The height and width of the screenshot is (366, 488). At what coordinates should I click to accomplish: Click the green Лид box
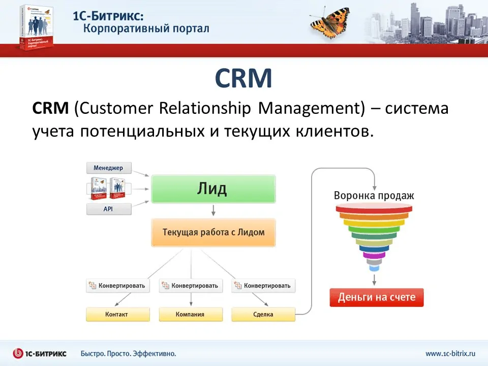(213, 189)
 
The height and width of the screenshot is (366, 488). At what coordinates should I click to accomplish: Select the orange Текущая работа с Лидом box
(213, 232)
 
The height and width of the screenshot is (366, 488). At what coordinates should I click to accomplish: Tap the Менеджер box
(108, 168)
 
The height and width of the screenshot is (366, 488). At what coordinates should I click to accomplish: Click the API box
(108, 209)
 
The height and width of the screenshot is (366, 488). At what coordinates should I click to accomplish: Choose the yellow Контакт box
(118, 314)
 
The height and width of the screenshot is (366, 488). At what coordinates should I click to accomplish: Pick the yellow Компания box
(191, 314)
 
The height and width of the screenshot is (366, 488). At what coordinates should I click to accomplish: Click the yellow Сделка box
(263, 314)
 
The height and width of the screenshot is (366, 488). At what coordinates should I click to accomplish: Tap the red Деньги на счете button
(376, 297)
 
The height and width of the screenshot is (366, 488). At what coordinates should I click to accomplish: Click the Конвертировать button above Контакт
(118, 286)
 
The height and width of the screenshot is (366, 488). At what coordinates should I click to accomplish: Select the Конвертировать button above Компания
(191, 286)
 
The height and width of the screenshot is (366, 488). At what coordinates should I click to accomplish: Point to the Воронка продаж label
(374, 195)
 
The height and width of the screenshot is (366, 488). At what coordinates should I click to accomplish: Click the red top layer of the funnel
(375, 208)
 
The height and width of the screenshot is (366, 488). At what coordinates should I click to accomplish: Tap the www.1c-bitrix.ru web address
(450, 353)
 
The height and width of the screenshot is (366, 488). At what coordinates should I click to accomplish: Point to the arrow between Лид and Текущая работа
(213, 210)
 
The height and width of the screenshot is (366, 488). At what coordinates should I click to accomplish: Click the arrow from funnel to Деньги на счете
(375, 279)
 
